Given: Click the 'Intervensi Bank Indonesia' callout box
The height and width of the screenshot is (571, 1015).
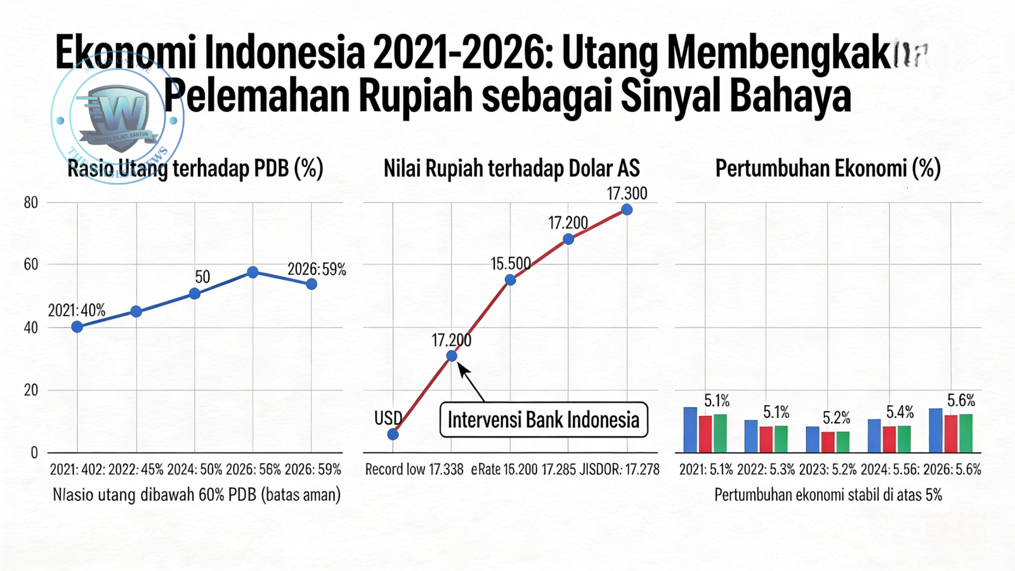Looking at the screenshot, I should [x=544, y=420].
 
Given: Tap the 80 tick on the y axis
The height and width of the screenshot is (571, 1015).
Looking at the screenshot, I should [x=30, y=203].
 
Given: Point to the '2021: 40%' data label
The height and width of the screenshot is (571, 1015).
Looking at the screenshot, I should [x=77, y=311].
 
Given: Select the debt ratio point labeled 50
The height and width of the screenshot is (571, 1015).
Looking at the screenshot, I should [x=195, y=293].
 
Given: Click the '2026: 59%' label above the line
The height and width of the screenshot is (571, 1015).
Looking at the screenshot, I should [x=317, y=269].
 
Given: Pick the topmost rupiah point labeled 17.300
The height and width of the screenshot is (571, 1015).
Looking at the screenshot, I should [x=627, y=210].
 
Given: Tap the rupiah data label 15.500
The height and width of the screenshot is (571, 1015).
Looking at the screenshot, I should [x=511, y=263].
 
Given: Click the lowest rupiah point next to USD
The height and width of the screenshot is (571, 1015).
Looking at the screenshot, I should [x=393, y=434].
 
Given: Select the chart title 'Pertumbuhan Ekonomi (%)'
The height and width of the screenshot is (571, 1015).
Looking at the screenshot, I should [x=828, y=168].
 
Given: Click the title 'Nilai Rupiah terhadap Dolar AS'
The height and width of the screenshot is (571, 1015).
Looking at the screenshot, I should [x=511, y=168].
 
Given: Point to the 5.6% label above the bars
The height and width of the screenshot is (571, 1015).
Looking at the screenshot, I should [x=961, y=400].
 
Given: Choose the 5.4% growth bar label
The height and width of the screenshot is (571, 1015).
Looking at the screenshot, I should [x=900, y=412].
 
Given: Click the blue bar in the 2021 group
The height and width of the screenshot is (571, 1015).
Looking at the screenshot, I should [x=690, y=430].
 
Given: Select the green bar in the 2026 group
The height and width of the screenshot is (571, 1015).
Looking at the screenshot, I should [x=966, y=433].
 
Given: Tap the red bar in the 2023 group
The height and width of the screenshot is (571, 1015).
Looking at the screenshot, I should [x=827, y=441].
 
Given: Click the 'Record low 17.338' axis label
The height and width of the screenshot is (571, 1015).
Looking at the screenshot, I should [x=414, y=469].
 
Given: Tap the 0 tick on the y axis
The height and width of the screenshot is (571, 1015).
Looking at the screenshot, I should [x=34, y=453].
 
